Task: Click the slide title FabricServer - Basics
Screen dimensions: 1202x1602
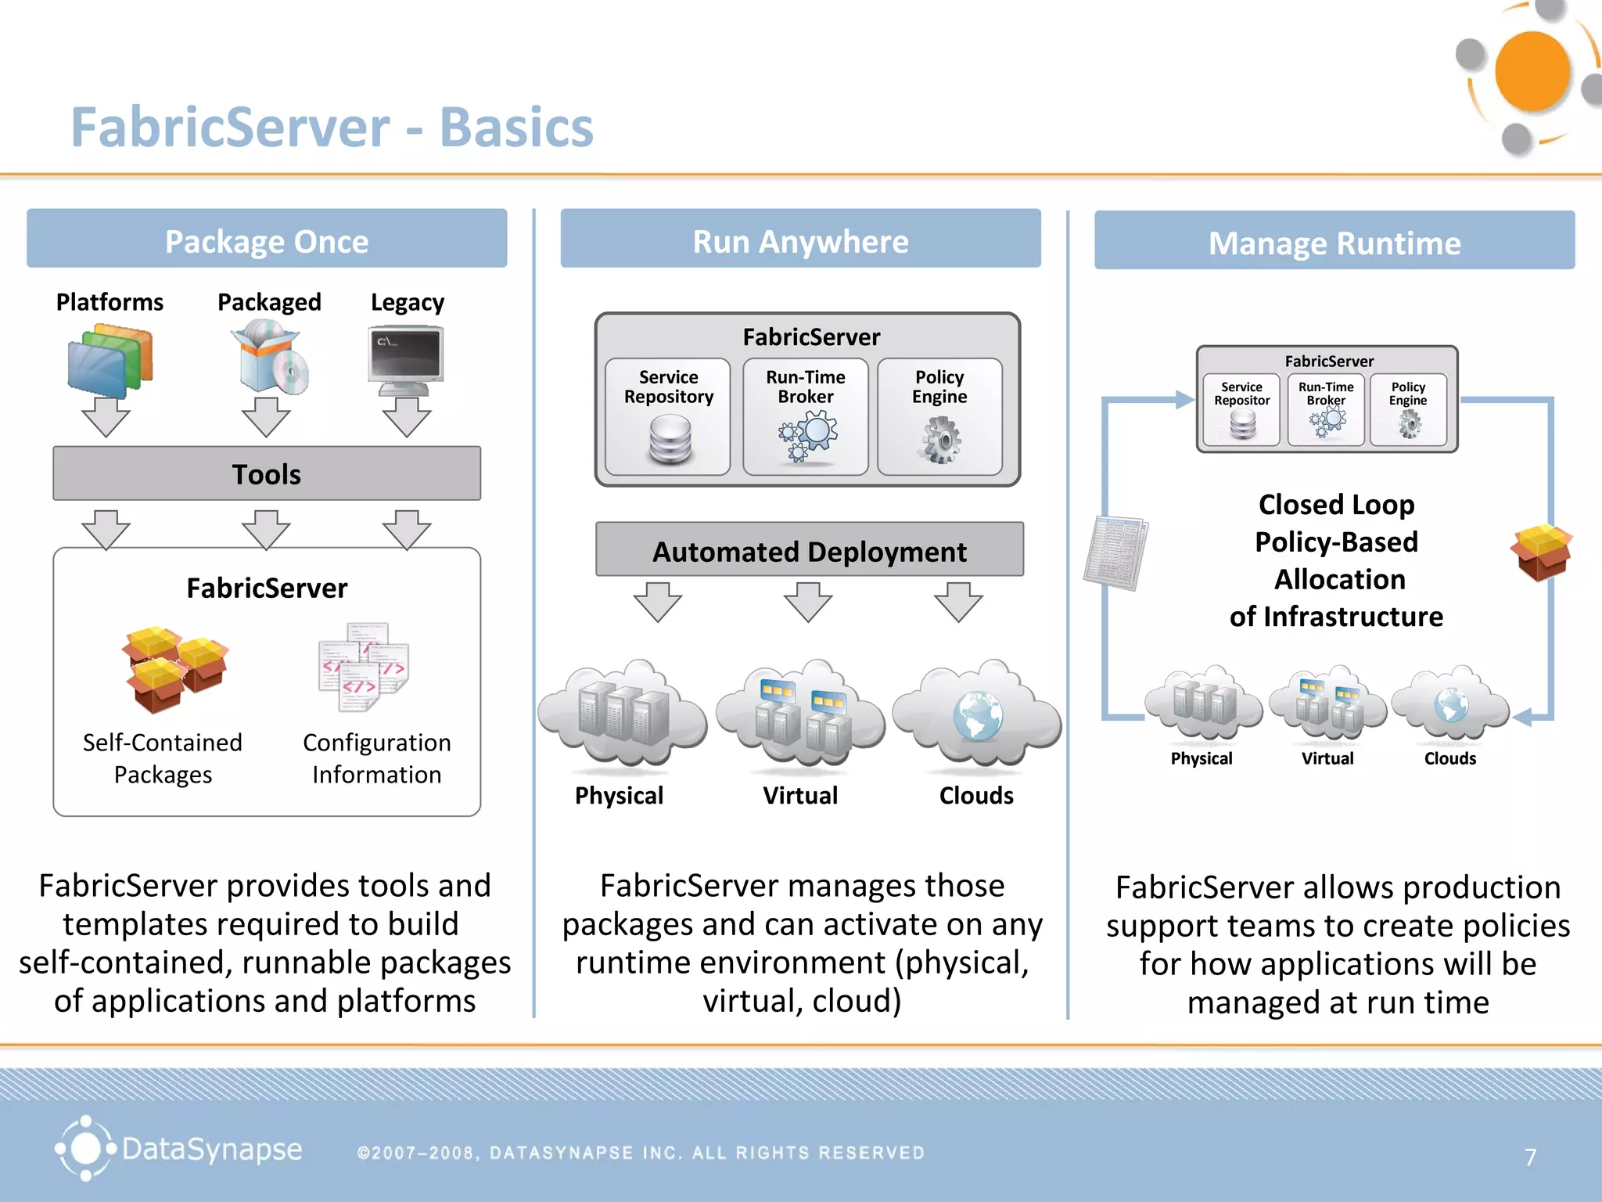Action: tap(332, 128)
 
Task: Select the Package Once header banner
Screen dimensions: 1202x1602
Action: tap(267, 239)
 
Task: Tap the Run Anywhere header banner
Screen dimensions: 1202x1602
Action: tap(800, 239)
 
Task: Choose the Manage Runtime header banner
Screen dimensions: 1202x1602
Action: tap(1334, 242)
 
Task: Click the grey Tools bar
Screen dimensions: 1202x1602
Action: tap(267, 473)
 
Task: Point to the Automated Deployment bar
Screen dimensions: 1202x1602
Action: tap(809, 550)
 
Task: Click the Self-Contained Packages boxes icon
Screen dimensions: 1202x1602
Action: tap(174, 668)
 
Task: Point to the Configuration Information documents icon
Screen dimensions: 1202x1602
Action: tap(363, 666)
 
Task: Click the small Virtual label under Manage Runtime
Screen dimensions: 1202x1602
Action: tap(1327, 758)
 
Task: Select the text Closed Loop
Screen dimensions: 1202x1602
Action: tap(1336, 505)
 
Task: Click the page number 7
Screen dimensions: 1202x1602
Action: tap(1530, 1157)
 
